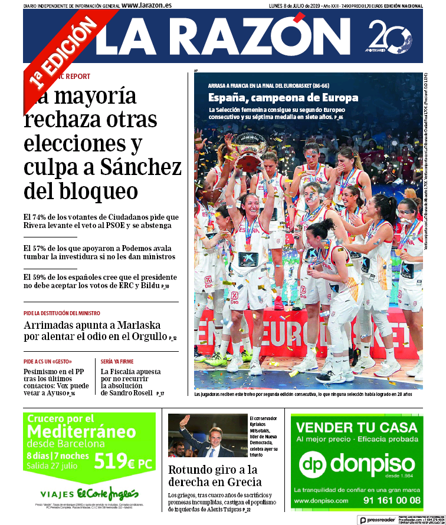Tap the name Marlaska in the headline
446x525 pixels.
pos(137,325)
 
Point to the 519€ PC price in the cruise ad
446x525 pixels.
pos(123,463)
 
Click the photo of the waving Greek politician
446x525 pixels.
pos(207,436)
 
